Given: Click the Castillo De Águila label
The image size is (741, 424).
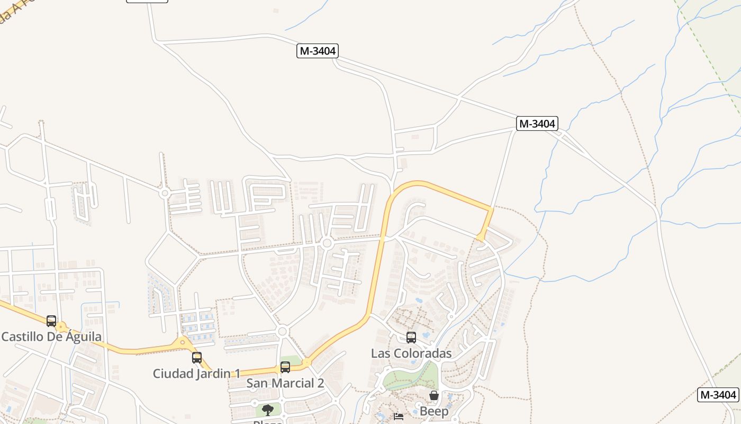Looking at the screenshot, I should [51, 337].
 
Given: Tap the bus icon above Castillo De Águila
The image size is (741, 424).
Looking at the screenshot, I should [51, 321].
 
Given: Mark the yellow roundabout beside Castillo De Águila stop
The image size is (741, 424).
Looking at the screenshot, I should [61, 327].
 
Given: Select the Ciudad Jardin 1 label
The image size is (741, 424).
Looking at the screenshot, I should [196, 374].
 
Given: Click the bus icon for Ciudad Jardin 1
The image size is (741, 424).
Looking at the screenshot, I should [197, 358].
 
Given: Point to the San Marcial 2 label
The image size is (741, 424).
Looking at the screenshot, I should [285, 383].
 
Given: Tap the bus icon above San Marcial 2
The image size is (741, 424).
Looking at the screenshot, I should [285, 367].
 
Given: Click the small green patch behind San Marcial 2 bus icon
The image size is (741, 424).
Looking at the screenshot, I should [291, 361].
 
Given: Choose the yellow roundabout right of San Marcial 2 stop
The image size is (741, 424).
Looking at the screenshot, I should [306, 362].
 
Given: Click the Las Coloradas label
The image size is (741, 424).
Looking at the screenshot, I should [411, 354].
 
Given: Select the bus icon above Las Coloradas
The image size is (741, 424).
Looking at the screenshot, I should [411, 338].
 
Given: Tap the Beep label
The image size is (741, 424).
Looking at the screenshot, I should [434, 411].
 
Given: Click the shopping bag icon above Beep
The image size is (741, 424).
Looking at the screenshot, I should [434, 396].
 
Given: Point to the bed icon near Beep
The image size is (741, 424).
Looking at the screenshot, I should [399, 417].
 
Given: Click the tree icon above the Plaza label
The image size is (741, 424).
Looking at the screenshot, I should [268, 410].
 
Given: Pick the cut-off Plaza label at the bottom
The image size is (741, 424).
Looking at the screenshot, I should [268, 422].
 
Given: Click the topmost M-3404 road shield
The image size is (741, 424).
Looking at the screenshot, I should [317, 51].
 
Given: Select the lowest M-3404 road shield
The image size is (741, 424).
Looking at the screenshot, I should [718, 395].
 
